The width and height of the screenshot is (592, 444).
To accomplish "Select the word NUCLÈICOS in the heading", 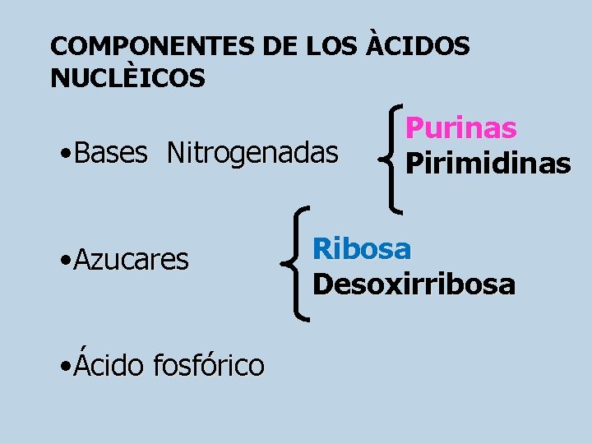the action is click(x=127, y=78).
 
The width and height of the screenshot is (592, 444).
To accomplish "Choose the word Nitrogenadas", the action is click(x=252, y=152).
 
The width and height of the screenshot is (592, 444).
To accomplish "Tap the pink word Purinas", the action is click(x=461, y=128).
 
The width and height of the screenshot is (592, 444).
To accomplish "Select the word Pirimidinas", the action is click(x=488, y=163).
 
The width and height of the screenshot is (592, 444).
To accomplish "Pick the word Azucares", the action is click(x=131, y=260).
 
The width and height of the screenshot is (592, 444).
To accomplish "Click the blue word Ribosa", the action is click(x=362, y=247).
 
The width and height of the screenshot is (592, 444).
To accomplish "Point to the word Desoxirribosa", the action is click(x=414, y=284).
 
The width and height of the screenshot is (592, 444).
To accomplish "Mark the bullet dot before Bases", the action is click(x=65, y=154).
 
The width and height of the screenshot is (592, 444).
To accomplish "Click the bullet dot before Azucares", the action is click(x=65, y=261).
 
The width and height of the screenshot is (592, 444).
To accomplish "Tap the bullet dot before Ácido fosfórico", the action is click(x=65, y=365).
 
